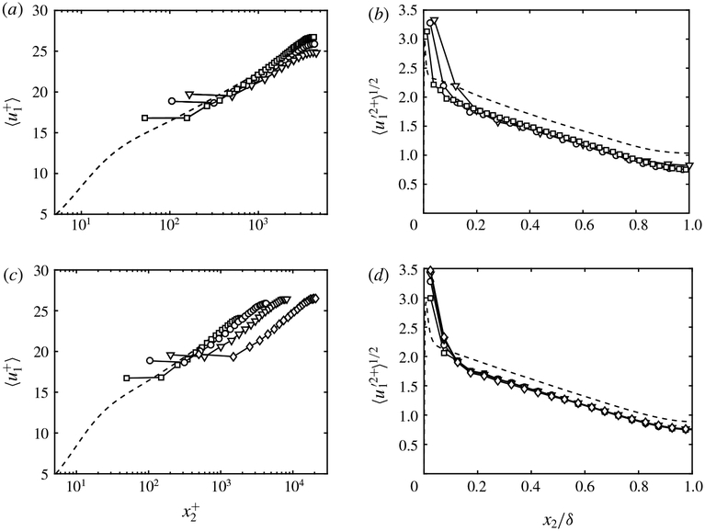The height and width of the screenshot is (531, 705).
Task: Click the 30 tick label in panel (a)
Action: [x=40, y=11]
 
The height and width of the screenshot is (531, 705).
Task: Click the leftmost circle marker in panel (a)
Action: [x=172, y=101]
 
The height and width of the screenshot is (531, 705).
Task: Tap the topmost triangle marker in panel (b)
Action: [x=436, y=20]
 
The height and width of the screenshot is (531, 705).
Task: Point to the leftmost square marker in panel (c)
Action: [x=127, y=378]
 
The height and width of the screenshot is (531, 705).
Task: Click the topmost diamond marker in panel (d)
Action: [x=429, y=270]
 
